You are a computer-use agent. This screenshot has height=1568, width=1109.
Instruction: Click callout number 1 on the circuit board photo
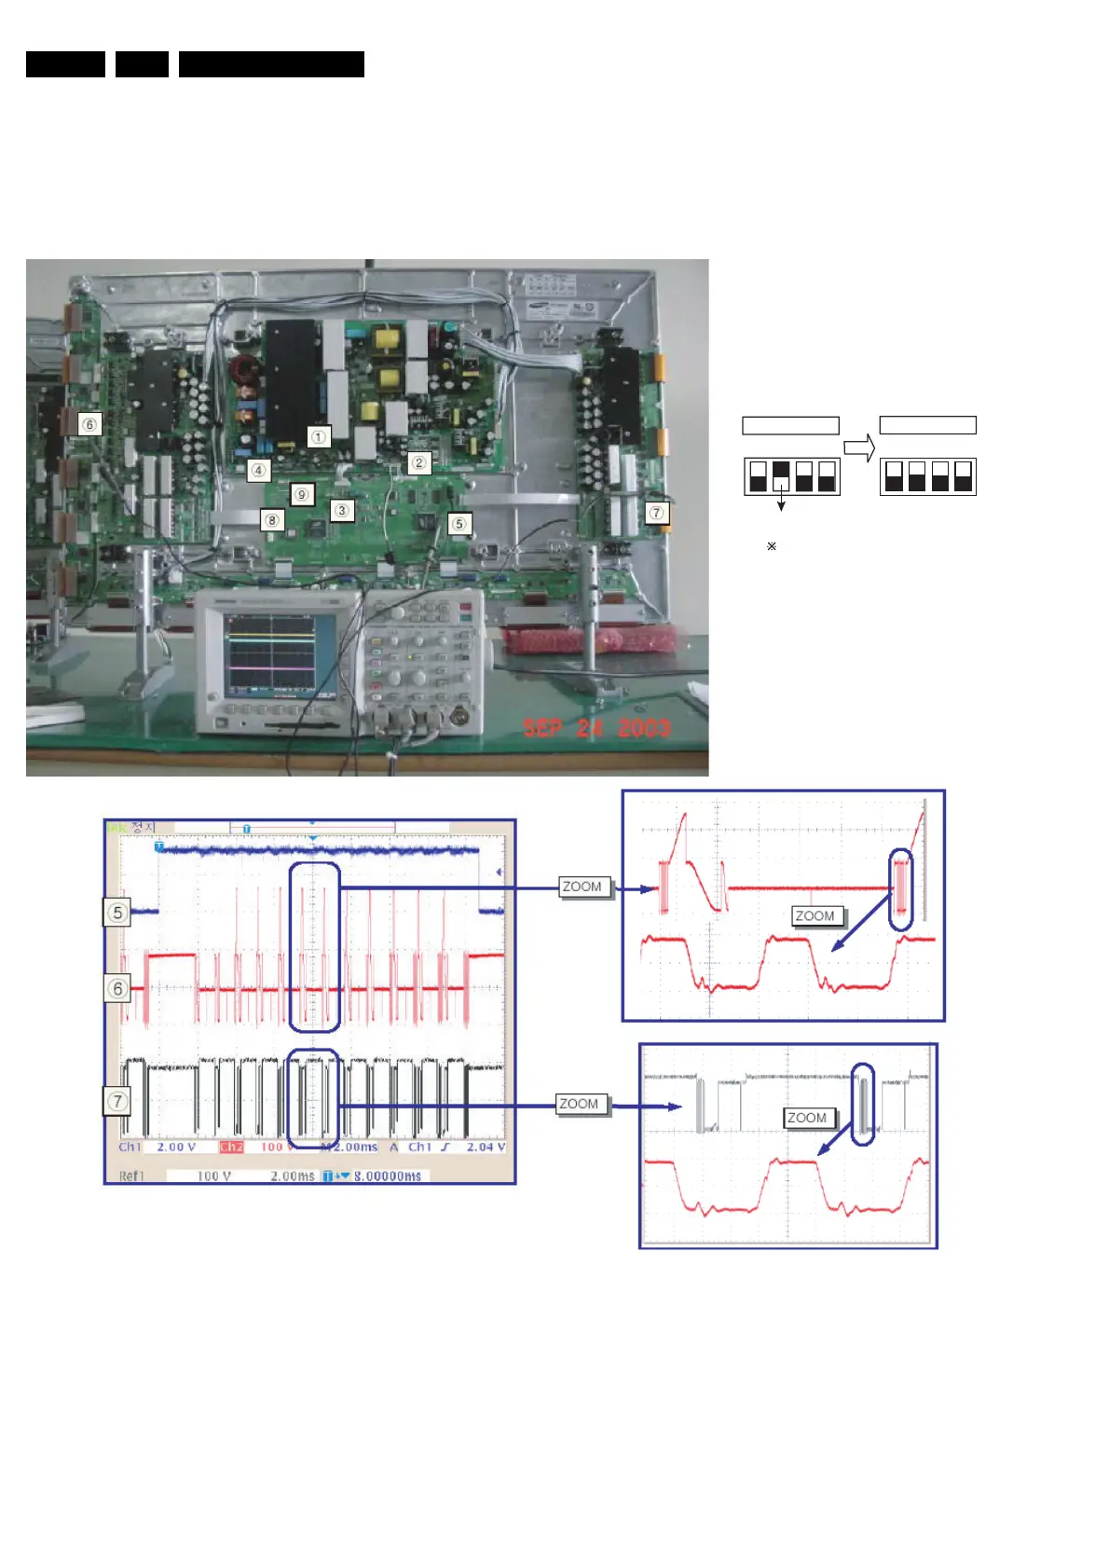pos(319,436)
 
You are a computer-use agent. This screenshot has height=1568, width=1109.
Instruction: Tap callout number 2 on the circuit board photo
pos(418,461)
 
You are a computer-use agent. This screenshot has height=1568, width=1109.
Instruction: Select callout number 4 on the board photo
pos(258,470)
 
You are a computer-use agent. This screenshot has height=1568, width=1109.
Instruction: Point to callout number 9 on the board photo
pos(301,494)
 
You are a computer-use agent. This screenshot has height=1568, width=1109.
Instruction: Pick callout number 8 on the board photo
pos(271,519)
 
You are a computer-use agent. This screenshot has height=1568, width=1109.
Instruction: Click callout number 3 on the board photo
pos(342,510)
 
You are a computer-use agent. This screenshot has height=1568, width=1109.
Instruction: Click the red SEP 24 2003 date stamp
pos(596,727)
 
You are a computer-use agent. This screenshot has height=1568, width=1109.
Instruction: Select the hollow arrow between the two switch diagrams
pos(859,447)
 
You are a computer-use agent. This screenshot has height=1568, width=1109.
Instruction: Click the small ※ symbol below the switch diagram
pos(772,546)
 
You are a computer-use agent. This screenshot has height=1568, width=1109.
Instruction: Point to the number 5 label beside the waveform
pos(116,912)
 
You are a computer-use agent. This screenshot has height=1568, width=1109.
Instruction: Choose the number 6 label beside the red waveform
pos(116,988)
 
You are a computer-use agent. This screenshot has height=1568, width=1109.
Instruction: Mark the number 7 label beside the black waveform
pos(116,1101)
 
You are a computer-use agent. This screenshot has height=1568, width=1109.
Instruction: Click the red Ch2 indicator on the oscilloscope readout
pos(231,1147)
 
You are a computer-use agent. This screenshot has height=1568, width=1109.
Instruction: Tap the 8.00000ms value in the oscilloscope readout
pos(387,1176)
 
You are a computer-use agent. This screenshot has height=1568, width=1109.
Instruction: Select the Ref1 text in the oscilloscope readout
pos(131,1176)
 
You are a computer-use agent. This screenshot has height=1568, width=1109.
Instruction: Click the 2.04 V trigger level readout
pos(486,1147)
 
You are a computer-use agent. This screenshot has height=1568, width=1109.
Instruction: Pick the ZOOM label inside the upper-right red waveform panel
pos(814,915)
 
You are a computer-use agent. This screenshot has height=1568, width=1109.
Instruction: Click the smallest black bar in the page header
pos(142,64)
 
